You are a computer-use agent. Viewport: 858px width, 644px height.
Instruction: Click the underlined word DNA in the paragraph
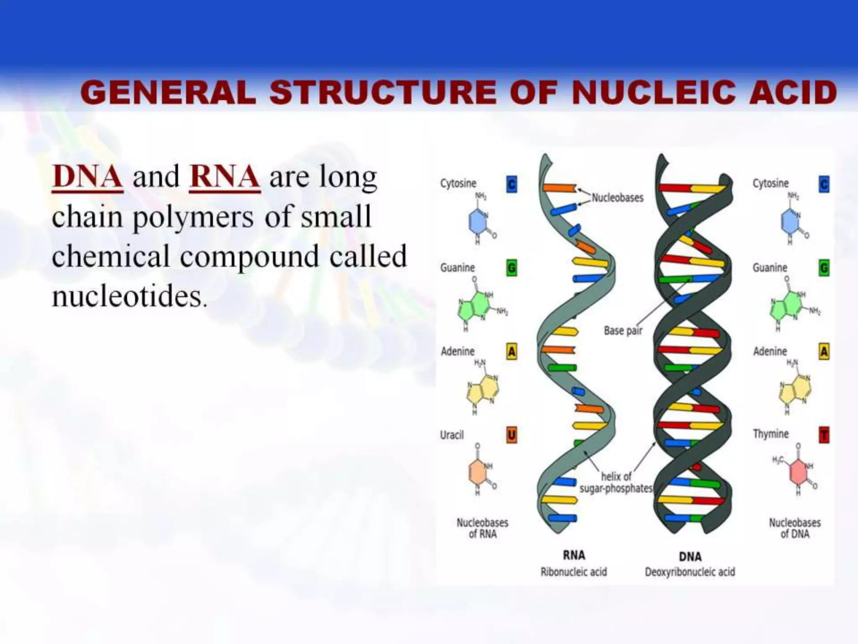88,177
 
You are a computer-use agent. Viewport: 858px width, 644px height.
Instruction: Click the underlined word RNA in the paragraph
225,177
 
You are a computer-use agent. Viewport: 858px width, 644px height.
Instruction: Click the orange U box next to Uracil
512,435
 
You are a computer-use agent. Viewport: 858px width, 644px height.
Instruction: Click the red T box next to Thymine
824,435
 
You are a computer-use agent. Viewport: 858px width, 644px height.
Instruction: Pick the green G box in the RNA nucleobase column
512,267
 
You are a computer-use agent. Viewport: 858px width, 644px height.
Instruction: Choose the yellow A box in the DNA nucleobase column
824,351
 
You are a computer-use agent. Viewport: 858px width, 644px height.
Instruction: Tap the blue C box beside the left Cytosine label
512,184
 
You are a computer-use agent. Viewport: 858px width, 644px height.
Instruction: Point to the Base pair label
623,331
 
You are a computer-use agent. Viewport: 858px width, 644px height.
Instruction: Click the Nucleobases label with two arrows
617,197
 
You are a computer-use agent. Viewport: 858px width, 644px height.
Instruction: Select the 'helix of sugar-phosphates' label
616,483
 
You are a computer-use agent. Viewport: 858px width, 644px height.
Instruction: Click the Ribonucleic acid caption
574,572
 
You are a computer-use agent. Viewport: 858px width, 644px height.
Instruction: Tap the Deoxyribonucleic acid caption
690,572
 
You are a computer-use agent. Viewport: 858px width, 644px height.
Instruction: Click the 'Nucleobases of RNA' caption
482,528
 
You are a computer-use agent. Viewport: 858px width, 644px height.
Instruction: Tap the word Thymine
770,434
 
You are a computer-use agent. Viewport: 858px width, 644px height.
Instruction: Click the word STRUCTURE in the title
383,93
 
